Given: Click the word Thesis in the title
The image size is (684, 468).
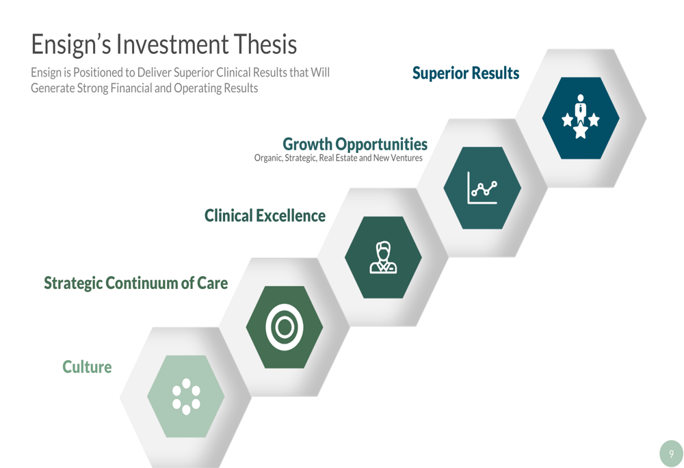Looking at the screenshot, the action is click(x=265, y=44).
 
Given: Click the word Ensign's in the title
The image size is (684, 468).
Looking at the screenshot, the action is click(x=71, y=45).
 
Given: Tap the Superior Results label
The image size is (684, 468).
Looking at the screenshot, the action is click(x=466, y=73).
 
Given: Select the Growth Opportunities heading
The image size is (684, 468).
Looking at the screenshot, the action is click(x=355, y=144).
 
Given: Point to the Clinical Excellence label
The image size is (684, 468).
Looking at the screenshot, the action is click(x=265, y=216).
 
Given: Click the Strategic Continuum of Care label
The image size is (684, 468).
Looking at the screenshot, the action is click(x=135, y=284).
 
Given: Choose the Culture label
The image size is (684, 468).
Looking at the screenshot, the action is click(x=87, y=367).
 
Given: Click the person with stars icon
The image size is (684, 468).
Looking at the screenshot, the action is click(x=580, y=116).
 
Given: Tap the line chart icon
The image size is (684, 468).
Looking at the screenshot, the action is click(x=482, y=188).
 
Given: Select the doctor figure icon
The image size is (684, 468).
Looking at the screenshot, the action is click(x=383, y=258).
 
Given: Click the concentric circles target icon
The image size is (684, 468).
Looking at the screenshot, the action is click(x=285, y=327).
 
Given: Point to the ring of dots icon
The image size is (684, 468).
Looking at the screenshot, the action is click(x=186, y=396).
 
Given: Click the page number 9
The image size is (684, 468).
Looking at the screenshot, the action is click(x=672, y=454).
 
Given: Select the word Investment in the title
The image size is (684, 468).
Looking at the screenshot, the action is click(x=172, y=44).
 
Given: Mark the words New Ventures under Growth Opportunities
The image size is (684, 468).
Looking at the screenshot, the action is click(x=398, y=158).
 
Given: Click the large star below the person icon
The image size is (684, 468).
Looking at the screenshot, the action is click(x=580, y=130).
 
